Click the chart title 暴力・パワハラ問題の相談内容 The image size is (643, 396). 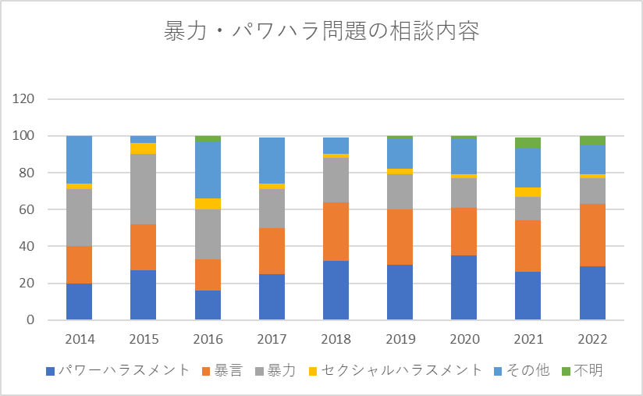coord(321,33)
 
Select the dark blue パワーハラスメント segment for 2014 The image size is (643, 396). coord(79,301)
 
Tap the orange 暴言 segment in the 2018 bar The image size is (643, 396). coord(336,232)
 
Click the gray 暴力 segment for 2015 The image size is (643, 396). coord(143,189)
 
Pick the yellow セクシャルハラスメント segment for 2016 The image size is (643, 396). coord(208,204)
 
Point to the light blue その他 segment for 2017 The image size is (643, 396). coord(272,160)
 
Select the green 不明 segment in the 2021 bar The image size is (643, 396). coord(528,143)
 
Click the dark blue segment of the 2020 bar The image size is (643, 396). coord(464,287)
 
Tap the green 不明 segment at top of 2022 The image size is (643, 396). coord(592,141)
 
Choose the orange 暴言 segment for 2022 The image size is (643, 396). coord(592,235)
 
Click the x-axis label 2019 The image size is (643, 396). coord(400,340)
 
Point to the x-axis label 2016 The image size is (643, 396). coord(208,340)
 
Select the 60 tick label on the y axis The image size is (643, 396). coord(29,209)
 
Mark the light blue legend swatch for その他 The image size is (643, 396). coord(501,370)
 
